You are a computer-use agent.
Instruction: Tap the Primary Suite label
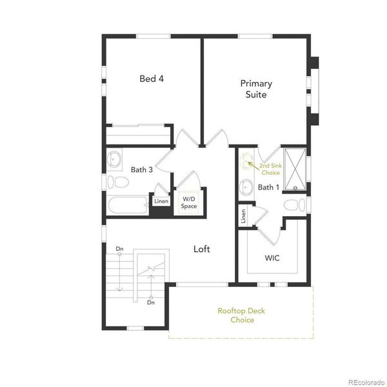pyautogui.click(x=256, y=89)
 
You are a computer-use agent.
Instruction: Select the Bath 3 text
pyautogui.click(x=141, y=170)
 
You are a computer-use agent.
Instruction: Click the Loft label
pyautogui.click(x=202, y=248)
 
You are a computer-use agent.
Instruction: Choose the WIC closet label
pyautogui.click(x=272, y=258)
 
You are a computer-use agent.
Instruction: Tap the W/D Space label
pyautogui.click(x=188, y=203)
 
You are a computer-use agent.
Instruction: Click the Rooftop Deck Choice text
pyautogui.click(x=241, y=315)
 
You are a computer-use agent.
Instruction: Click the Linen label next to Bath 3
pyautogui.click(x=161, y=201)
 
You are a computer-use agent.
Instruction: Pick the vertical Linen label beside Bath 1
pyautogui.click(x=243, y=216)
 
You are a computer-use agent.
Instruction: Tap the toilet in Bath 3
pyautogui.click(x=115, y=181)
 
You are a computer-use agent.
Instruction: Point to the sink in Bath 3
pyautogui.click(x=115, y=158)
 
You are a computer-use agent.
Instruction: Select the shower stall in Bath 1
pyautogui.click(x=294, y=168)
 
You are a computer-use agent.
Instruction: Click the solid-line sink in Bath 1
pyautogui.click(x=246, y=188)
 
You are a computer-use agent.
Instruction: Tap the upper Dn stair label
pyautogui.click(x=119, y=248)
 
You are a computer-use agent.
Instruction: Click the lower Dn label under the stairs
pyautogui.click(x=151, y=302)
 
